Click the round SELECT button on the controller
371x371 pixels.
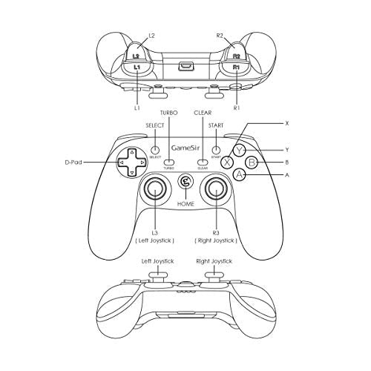click(155, 150)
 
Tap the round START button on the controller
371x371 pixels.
click(216, 150)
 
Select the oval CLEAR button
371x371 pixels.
click(203, 162)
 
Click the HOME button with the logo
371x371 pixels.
click(185, 182)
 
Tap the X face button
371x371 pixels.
click(227, 162)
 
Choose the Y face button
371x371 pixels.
click(239, 150)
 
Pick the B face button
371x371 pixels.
click(252, 162)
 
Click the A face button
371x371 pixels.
click(239, 175)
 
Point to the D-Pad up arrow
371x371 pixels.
click(132, 152)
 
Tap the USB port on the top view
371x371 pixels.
click(186, 66)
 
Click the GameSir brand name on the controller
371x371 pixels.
click(185, 148)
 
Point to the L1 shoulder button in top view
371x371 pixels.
click(137, 69)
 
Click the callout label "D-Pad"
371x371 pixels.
click(73, 162)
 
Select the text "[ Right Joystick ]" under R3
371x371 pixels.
click(216, 240)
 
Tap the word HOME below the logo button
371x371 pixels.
click(185, 204)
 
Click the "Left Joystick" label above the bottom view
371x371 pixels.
click(157, 261)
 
